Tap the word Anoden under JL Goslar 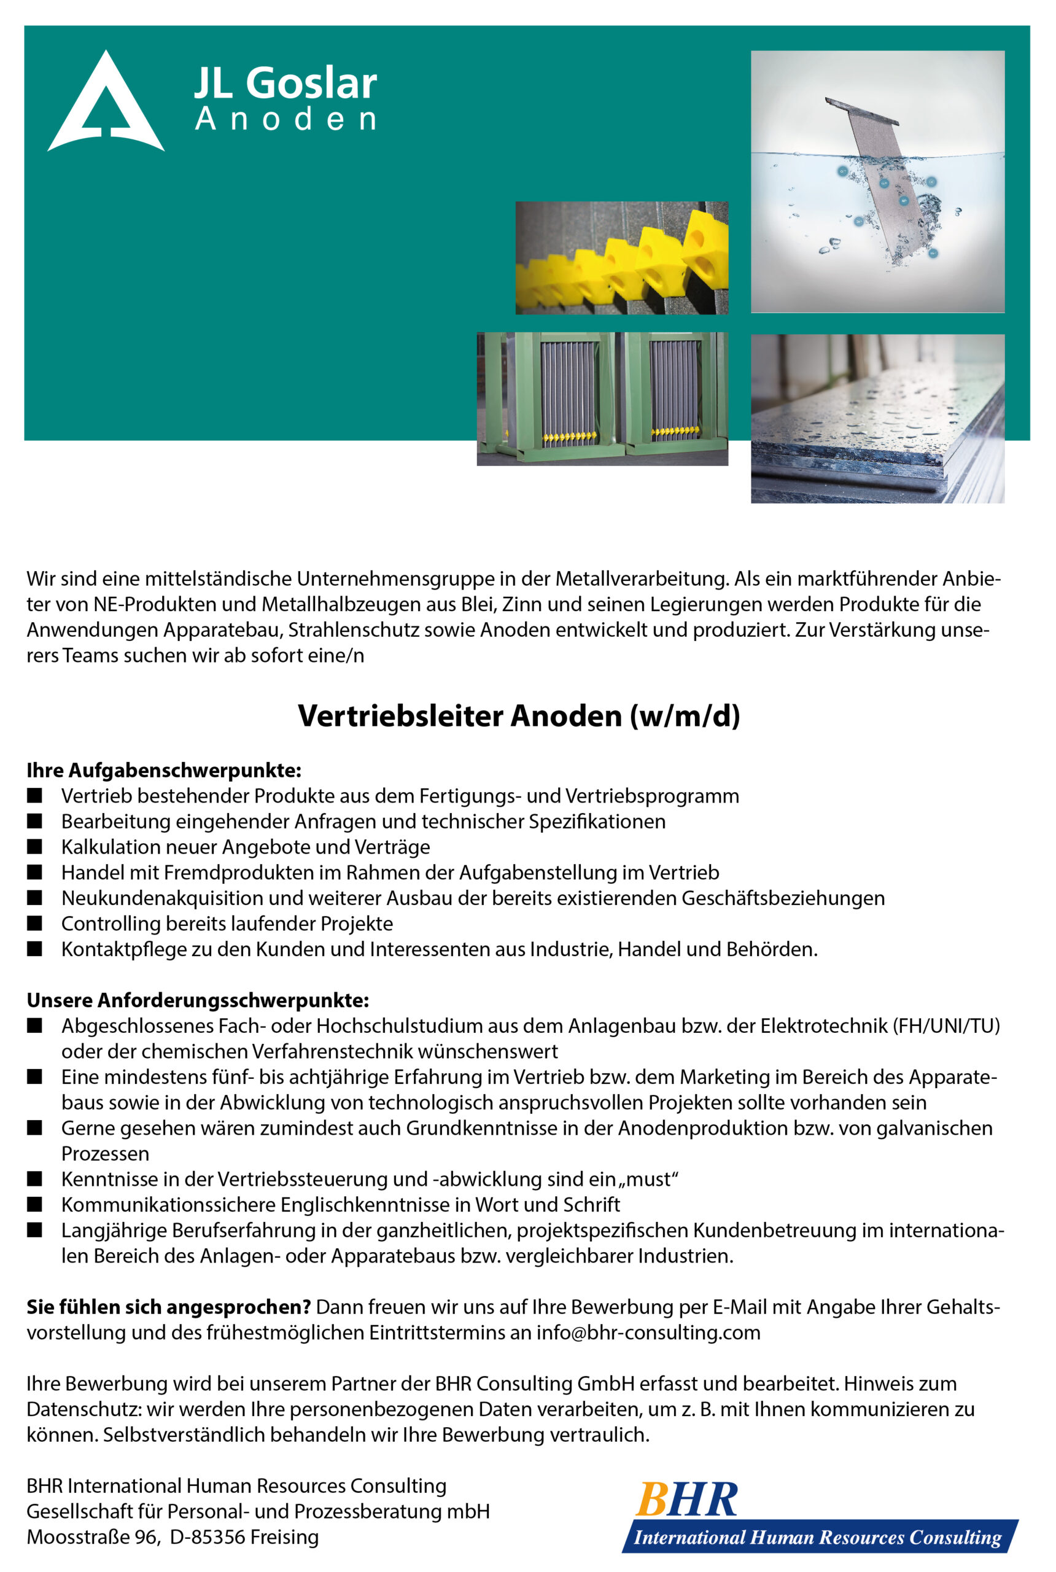pos(285,119)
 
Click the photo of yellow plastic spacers pos(621,258)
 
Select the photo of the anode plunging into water pos(877,181)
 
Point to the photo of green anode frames pos(602,398)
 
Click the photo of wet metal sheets pos(877,418)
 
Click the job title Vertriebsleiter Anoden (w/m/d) pos(519,716)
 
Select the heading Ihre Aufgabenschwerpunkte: pos(164,770)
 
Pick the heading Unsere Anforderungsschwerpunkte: pos(197,1000)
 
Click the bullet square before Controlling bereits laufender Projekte pos(34,924)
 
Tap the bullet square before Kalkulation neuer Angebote pos(34,847)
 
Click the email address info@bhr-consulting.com pos(648,1333)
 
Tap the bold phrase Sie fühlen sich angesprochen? pos(168,1307)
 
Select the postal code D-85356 pos(208,1538)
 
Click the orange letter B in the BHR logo pos(651,1500)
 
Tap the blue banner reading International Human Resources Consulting pos(818,1538)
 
